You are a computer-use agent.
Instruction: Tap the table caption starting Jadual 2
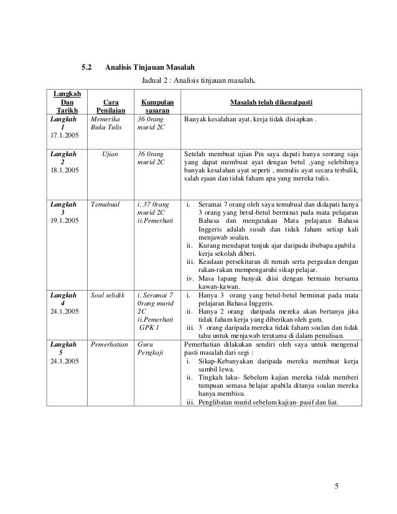click(x=198, y=80)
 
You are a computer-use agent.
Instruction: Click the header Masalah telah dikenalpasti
click(x=271, y=100)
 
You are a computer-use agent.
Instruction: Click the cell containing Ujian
click(x=112, y=151)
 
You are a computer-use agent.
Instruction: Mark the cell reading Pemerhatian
click(x=111, y=343)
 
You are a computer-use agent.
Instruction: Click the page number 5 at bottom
click(x=337, y=486)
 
